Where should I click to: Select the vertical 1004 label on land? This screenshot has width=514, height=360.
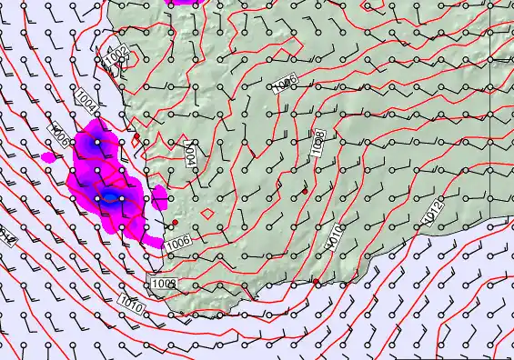click(190, 152)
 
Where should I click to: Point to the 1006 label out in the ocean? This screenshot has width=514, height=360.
click(59, 136)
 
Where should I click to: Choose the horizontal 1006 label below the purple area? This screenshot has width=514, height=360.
click(177, 241)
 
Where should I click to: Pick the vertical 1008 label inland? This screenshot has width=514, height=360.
click(319, 146)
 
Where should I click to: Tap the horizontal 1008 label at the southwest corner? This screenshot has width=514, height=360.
click(164, 284)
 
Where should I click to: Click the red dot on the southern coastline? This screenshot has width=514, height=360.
click(316, 283)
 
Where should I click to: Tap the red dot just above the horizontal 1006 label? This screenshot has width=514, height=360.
click(175, 222)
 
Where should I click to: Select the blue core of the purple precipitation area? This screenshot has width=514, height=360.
click(109, 195)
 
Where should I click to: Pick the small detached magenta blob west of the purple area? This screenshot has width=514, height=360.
click(48, 157)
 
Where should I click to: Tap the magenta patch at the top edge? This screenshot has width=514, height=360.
click(186, 2)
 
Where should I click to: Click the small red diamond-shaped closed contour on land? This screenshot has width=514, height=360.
click(207, 214)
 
